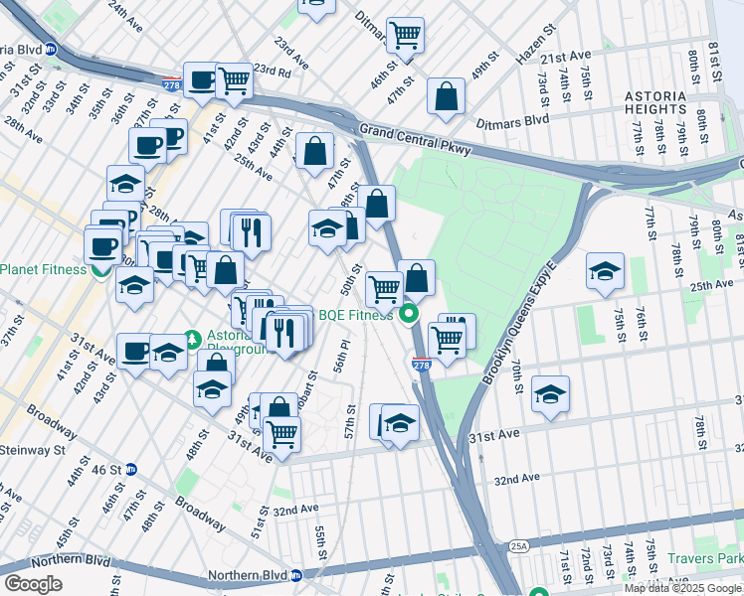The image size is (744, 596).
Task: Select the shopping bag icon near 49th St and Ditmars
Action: coord(447,96)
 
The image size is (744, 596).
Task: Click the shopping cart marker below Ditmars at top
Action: coord(405,35)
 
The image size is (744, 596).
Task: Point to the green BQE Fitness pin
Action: coord(408,317)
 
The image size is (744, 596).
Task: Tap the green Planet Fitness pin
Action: coord(100,269)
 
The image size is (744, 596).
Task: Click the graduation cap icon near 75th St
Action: coord(605,272)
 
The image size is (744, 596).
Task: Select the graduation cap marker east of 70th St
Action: coord(550,394)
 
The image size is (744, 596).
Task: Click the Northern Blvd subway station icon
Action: coord(296,575)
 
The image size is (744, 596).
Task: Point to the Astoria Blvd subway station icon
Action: coord(50,48)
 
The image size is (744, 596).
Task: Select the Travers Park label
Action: coord(707,559)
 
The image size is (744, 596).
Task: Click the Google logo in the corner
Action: coord(33,583)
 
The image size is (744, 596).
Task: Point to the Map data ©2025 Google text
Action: coord(683,588)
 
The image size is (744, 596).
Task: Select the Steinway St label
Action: coord(32,450)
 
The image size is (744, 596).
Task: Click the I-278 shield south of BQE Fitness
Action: coord(422,366)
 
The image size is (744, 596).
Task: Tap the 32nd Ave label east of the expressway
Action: coord(517,479)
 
